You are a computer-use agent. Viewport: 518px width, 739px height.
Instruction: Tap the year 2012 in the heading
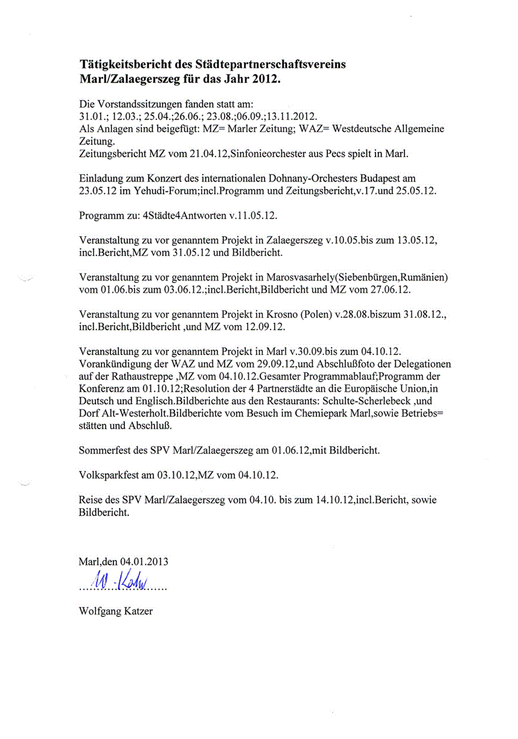tap(267, 79)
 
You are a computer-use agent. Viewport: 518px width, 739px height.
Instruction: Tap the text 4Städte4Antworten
tap(182, 216)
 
